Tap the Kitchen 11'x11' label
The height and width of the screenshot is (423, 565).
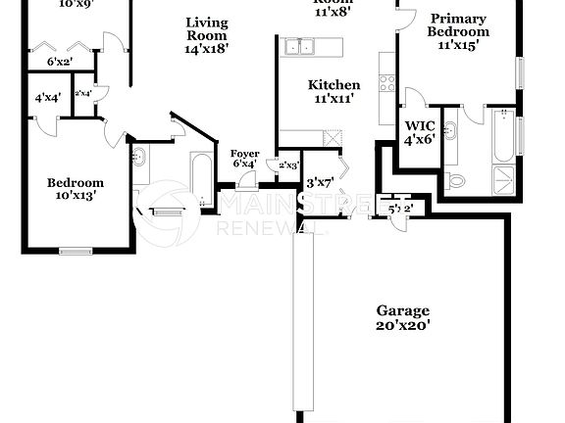coord(334,91)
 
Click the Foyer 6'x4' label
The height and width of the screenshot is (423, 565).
coord(244,159)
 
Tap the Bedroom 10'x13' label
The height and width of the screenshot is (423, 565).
coord(75,189)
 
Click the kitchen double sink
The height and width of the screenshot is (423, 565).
coord(299,46)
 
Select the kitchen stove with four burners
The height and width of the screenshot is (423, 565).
coord(386,83)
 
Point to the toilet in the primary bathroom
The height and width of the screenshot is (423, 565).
coord(455,180)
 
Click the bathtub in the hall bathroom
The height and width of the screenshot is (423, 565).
coord(199,179)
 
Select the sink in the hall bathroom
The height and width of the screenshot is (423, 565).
coord(139,157)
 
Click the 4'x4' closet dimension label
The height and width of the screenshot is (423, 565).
coord(46,98)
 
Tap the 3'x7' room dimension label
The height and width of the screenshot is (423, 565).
coord(321,183)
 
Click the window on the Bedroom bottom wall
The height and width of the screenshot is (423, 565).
coord(76,251)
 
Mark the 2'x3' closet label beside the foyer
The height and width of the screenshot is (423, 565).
coord(288,165)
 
